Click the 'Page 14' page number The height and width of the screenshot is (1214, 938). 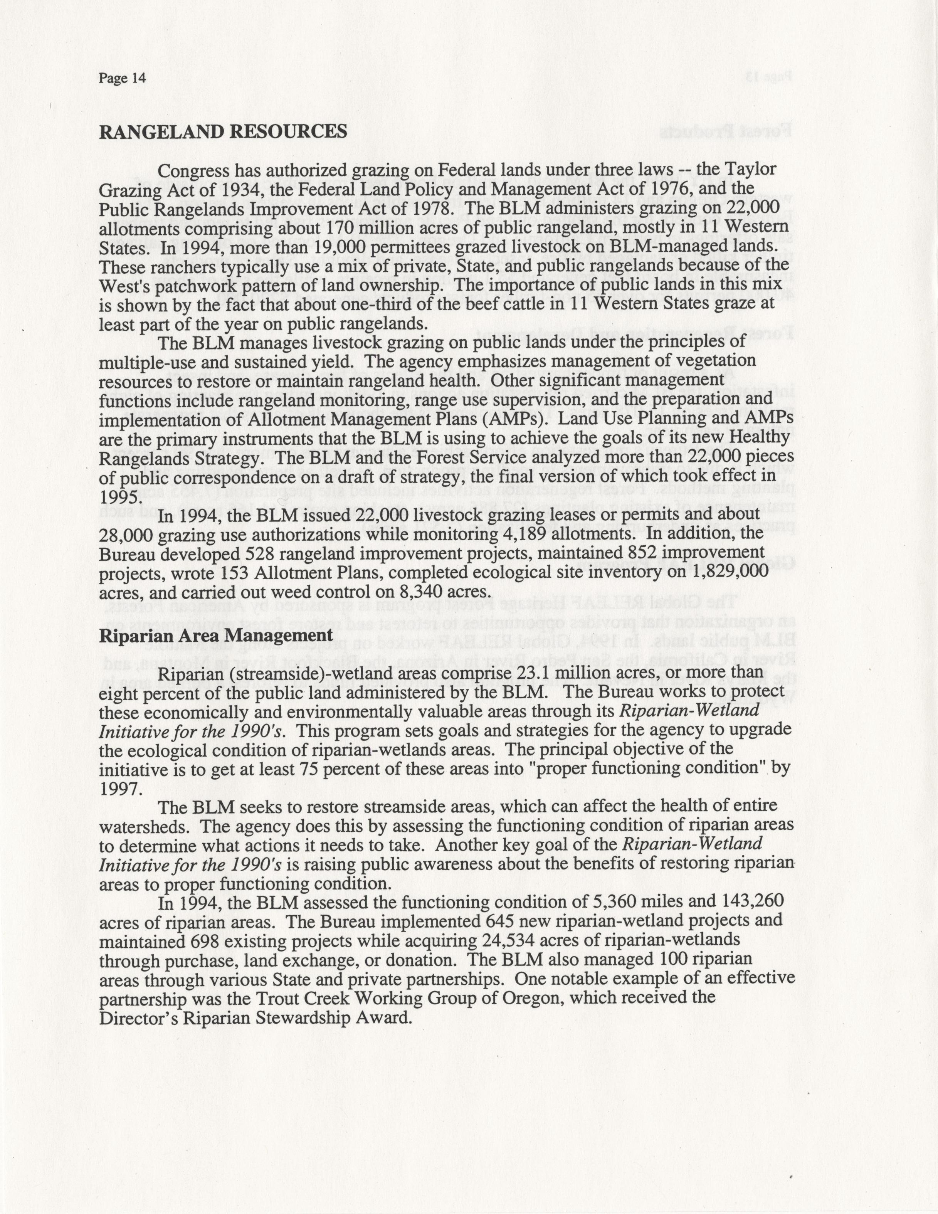pos(122,78)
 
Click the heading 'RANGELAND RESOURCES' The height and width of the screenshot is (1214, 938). pos(223,132)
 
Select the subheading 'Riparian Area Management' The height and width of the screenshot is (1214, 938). pos(215,636)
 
